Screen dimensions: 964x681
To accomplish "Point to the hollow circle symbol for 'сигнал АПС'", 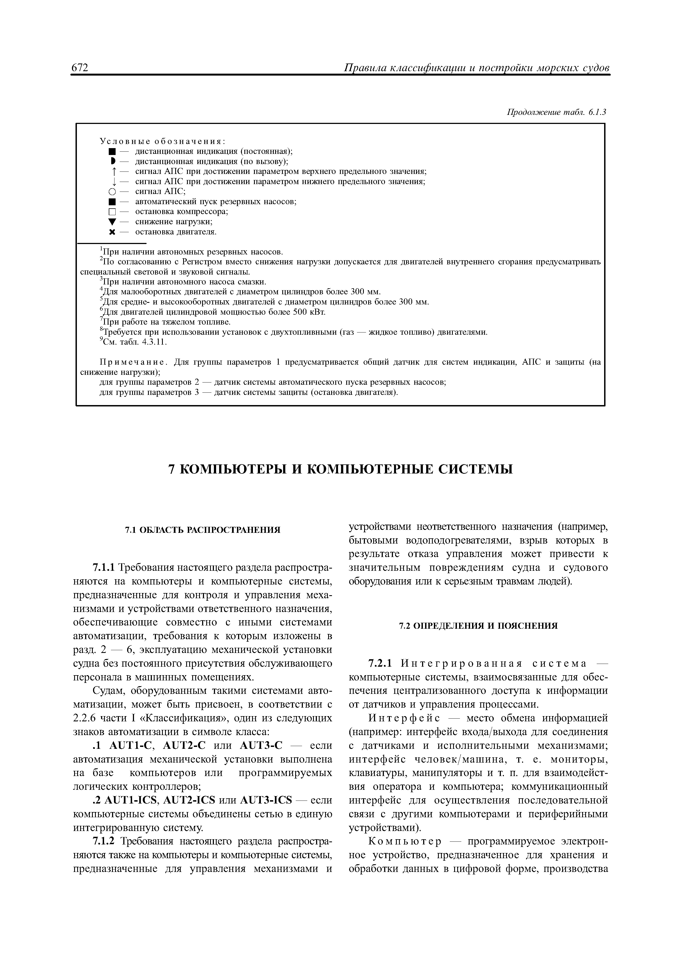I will [x=111, y=192].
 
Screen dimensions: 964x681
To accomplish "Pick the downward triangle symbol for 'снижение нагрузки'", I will [x=111, y=222].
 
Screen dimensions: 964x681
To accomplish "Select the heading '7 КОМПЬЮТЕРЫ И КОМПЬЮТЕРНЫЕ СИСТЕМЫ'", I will [x=340, y=469].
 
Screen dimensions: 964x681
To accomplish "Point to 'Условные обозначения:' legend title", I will [x=162, y=141].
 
